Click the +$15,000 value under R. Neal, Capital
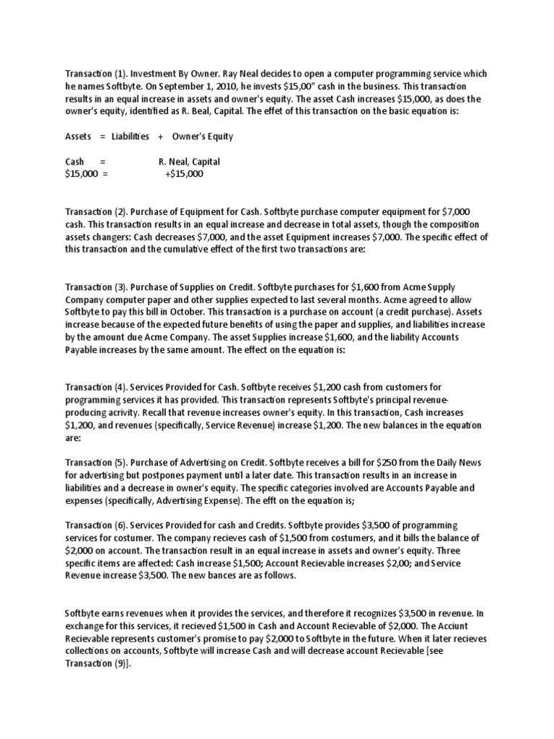click(184, 174)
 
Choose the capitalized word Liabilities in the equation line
click(131, 136)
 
